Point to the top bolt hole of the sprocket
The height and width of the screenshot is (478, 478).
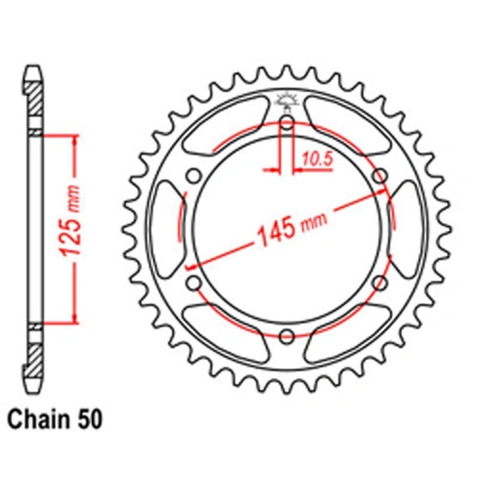pos(287,121)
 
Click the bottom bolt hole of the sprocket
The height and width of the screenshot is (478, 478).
pos(287,335)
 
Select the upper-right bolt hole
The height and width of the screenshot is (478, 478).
pos(380,175)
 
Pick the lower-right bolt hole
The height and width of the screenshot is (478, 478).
pos(380,282)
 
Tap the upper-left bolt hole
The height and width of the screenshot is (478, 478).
pos(194,175)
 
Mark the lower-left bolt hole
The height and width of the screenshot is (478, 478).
pos(194,282)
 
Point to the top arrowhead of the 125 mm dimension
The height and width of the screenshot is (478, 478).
pos(72,137)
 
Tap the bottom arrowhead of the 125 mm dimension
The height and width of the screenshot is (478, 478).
pos(72,322)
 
